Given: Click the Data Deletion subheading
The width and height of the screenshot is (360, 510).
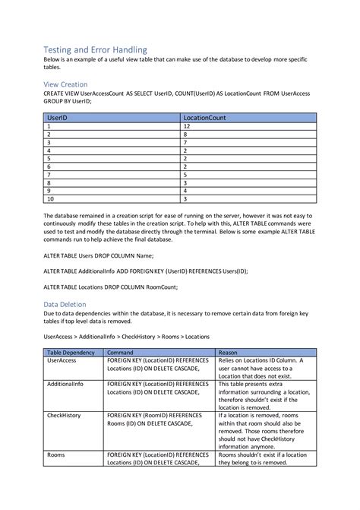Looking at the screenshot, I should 67,303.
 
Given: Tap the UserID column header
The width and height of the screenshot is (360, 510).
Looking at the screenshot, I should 58,119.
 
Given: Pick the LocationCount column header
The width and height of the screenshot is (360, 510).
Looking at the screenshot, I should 204,119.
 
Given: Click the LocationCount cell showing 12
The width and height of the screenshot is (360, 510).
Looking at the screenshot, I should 188,127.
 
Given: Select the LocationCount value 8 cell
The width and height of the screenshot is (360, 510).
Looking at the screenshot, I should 186,135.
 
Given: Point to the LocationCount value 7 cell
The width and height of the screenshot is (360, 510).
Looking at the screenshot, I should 186,142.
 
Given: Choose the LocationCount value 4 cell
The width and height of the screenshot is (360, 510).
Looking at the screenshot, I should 186,190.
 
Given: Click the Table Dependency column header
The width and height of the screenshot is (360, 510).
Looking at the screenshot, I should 71,353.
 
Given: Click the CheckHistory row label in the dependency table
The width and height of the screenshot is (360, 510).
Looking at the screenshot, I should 65,416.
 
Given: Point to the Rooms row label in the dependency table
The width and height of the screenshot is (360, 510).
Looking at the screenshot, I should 55,454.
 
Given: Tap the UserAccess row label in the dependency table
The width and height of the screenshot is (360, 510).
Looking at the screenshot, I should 62,361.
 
